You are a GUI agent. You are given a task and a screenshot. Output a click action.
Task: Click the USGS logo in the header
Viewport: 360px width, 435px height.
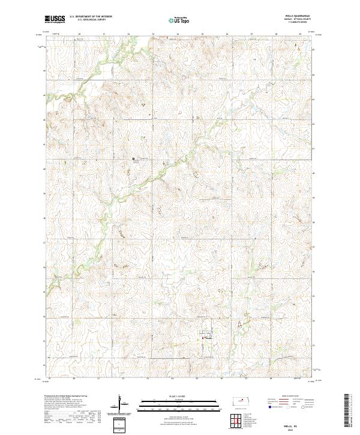click(55, 19)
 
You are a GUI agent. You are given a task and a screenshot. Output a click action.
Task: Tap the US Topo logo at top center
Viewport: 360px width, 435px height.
click(180, 20)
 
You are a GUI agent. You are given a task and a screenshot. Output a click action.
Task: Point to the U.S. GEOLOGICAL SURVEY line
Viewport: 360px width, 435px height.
click(86, 20)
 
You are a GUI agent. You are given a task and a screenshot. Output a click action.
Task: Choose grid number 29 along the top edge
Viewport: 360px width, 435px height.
click(301, 34)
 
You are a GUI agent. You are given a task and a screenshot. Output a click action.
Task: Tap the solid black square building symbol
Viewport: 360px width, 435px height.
click(133, 158)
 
